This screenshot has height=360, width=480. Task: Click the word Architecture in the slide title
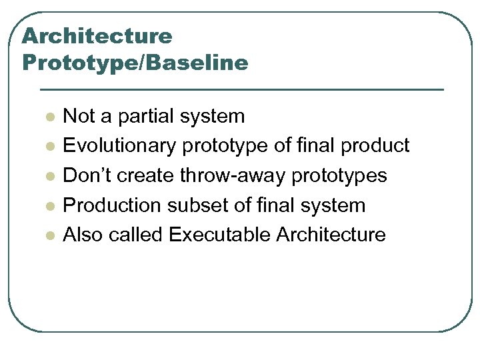97,35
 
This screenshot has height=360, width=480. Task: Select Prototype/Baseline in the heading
135,63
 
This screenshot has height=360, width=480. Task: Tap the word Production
111,205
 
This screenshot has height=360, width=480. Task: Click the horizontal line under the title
241,89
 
